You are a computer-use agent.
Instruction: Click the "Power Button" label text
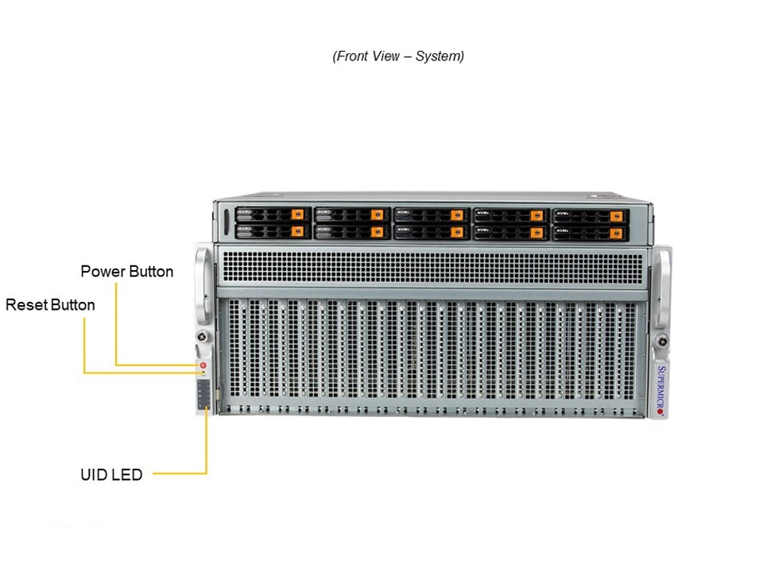127,272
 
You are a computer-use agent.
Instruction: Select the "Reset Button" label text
50,305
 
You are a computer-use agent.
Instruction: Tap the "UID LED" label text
111,475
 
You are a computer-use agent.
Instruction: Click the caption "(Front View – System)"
398,56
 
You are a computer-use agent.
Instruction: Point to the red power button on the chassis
203,364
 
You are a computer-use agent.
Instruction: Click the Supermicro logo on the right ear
660,391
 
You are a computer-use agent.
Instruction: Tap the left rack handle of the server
201,286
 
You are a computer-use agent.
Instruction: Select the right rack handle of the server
662,286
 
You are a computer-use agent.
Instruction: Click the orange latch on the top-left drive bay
298,214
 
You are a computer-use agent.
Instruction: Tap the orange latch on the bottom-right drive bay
615,232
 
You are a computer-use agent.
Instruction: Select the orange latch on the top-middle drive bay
456,214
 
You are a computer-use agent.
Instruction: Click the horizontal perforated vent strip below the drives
433,266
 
